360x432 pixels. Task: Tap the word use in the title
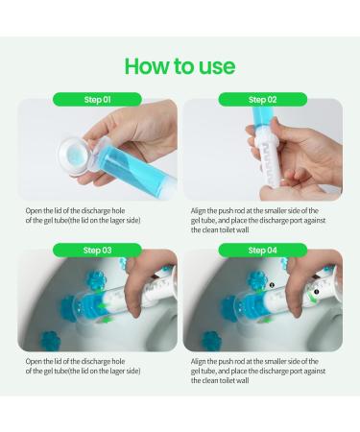point(216,65)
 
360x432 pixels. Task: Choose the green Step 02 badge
point(262,99)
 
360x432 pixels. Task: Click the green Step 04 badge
point(262,250)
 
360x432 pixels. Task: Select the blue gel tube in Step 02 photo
point(266,129)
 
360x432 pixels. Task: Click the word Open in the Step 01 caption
point(36,210)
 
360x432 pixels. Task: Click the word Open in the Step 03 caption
point(36,361)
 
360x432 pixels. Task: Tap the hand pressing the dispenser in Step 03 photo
point(144,278)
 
